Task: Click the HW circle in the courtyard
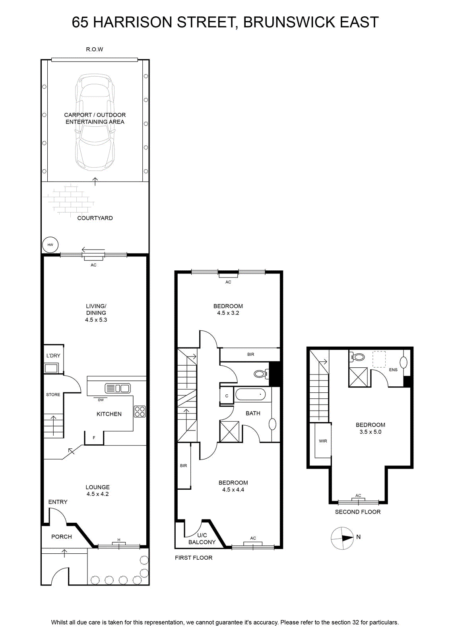[50, 245]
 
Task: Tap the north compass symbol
[343, 538]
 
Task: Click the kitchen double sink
[118, 388]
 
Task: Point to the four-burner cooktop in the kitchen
[140, 412]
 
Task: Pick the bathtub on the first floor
[250, 395]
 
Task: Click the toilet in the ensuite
[356, 357]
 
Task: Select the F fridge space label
[94, 438]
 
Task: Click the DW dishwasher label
[101, 400]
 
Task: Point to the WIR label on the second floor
[323, 441]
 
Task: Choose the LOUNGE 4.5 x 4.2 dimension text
[98, 491]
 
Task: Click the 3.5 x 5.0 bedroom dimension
[370, 432]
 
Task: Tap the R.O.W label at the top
[95, 49]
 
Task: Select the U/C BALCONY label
[202, 539]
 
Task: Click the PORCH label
[62, 537]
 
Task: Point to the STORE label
[53, 395]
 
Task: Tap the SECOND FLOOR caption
[358, 512]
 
